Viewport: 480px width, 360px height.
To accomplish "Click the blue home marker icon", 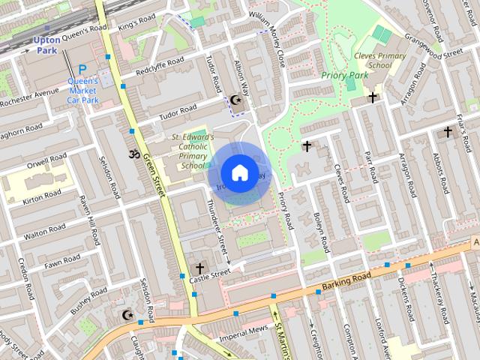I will [x=238, y=173].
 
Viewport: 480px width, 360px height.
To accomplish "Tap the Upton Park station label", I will [x=46, y=44].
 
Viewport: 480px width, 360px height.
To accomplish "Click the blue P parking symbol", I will [x=82, y=69].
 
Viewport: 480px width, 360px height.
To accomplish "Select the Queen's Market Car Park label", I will [x=82, y=90].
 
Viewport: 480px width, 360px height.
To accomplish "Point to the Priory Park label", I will [x=344, y=75].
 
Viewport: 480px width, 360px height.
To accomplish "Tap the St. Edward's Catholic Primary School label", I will [x=193, y=151].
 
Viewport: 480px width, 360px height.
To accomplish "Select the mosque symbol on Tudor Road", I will [x=236, y=100].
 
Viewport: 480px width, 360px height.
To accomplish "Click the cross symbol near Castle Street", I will [x=199, y=268].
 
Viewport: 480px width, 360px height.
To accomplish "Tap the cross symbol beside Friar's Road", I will [x=448, y=132].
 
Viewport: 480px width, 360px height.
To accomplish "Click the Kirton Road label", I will [x=42, y=196].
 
